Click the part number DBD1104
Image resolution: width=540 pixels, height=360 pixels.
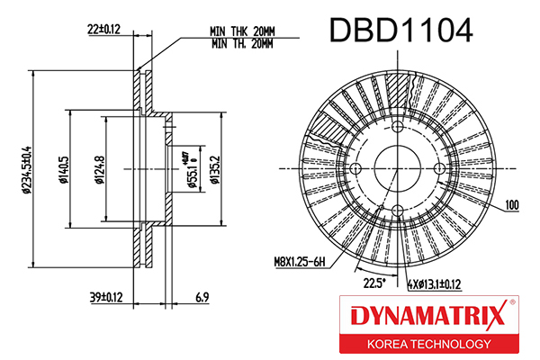(401, 31)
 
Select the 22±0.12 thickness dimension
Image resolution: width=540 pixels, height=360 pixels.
(104, 30)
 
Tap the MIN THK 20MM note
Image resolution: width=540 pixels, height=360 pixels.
(242, 31)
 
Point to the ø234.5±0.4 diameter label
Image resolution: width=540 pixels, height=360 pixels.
(27, 170)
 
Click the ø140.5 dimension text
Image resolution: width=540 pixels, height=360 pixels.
(64, 170)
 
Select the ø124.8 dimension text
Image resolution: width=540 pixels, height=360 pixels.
(100, 170)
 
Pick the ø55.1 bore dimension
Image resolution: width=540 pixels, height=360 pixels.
(193, 170)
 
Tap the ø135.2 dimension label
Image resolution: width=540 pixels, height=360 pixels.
(215, 170)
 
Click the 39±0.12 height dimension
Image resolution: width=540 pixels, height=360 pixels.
(106, 297)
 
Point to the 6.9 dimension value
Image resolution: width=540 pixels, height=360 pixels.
(202, 297)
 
